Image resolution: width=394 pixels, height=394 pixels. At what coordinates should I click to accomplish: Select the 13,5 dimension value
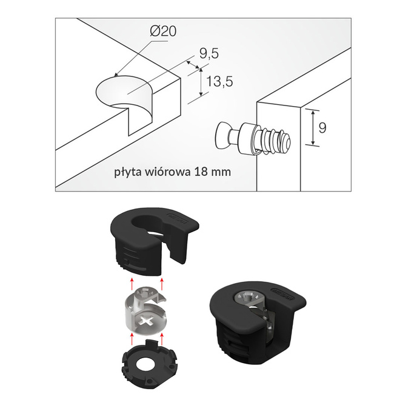[220, 82]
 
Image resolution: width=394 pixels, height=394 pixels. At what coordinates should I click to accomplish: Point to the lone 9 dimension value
[322, 128]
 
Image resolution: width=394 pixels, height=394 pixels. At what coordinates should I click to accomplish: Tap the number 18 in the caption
[204, 172]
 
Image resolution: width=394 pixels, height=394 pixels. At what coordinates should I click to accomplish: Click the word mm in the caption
[222, 172]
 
